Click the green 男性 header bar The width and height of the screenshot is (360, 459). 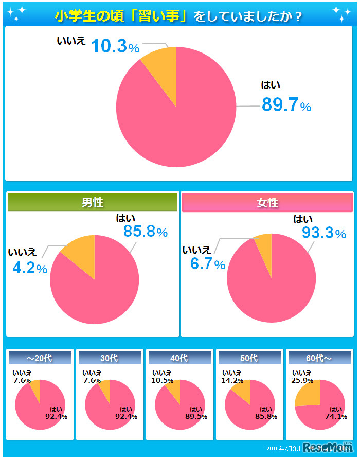tap(93, 202)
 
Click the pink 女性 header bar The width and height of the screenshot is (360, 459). tap(267, 202)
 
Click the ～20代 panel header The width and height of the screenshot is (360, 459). tap(40, 357)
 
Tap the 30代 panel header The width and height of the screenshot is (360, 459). tap(110, 357)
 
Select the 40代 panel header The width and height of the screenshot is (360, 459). tap(179, 357)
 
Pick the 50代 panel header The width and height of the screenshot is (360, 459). tap(249, 357)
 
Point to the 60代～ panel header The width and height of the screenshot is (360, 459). tap(319, 357)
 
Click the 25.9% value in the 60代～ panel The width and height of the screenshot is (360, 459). tap(302, 381)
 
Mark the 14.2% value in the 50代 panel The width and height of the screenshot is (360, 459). tap(232, 381)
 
